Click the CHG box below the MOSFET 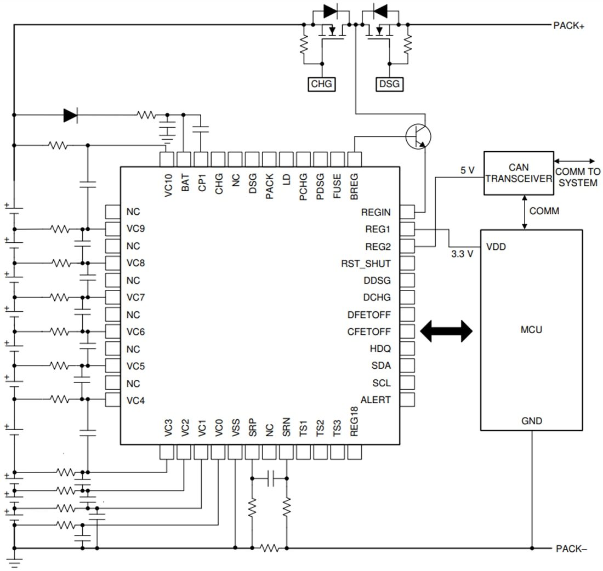pos(322,84)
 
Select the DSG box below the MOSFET pos(389,84)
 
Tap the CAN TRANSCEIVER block pos(518,173)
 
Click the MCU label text pos(531,330)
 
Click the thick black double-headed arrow pos(446,330)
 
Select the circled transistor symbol pos(418,137)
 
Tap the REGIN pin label pos(376,212)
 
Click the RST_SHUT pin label pos(366,264)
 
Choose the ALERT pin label pos(376,399)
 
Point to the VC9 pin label pos(135,229)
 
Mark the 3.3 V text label pos(462,254)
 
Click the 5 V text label pos(468,170)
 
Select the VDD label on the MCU pos(496,247)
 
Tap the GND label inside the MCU pos(532,421)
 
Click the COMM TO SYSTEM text pos(578,177)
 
